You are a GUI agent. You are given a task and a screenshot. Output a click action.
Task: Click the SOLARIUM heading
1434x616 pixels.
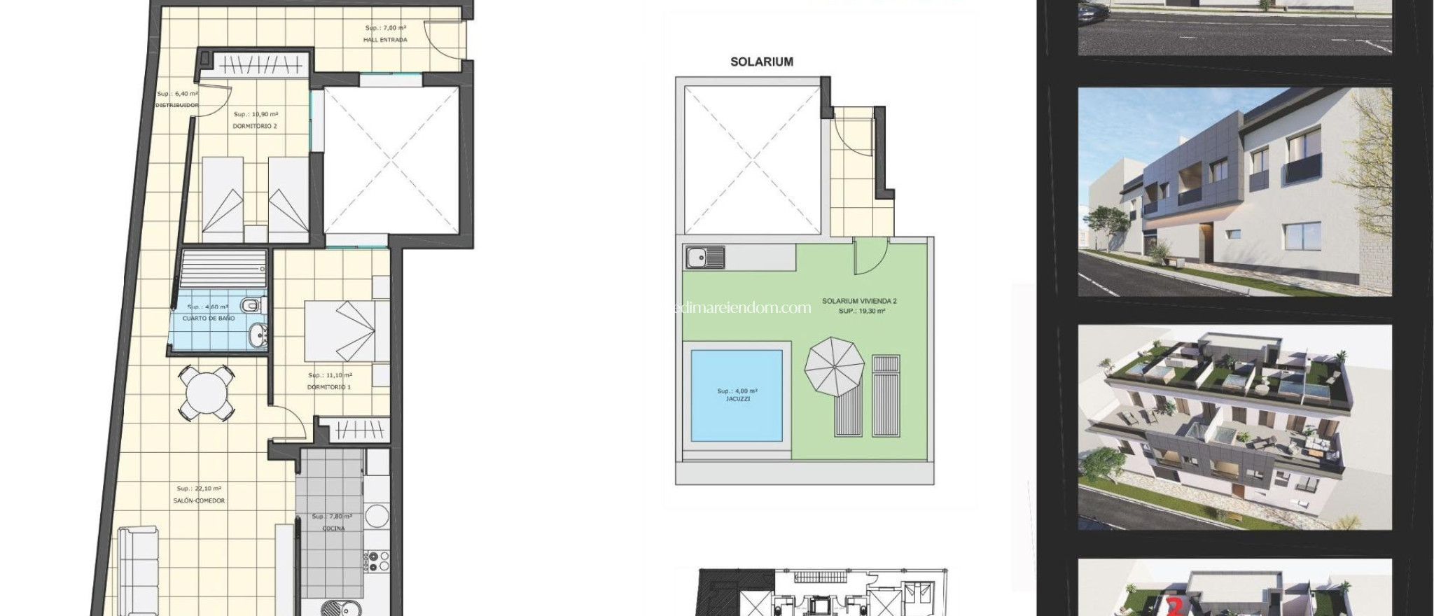[762, 62]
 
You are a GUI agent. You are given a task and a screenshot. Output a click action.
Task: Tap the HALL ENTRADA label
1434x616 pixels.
[385, 40]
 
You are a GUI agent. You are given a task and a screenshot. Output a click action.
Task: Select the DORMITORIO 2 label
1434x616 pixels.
[255, 126]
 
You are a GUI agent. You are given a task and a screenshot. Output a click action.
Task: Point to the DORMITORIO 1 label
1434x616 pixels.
[329, 387]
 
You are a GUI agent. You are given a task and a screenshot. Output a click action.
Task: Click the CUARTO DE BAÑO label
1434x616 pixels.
[209, 318]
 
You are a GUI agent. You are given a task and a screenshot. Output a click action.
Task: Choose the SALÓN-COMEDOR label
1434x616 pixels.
[200, 500]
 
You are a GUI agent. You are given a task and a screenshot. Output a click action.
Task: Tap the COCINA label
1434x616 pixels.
[333, 528]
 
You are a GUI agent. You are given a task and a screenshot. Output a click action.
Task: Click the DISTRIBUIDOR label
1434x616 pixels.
[176, 105]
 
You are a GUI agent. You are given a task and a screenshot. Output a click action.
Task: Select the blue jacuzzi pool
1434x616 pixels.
[737, 395]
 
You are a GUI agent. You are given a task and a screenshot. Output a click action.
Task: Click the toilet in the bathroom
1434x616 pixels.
[251, 306]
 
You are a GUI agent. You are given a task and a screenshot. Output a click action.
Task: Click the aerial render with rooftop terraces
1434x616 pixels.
[1234, 427]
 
